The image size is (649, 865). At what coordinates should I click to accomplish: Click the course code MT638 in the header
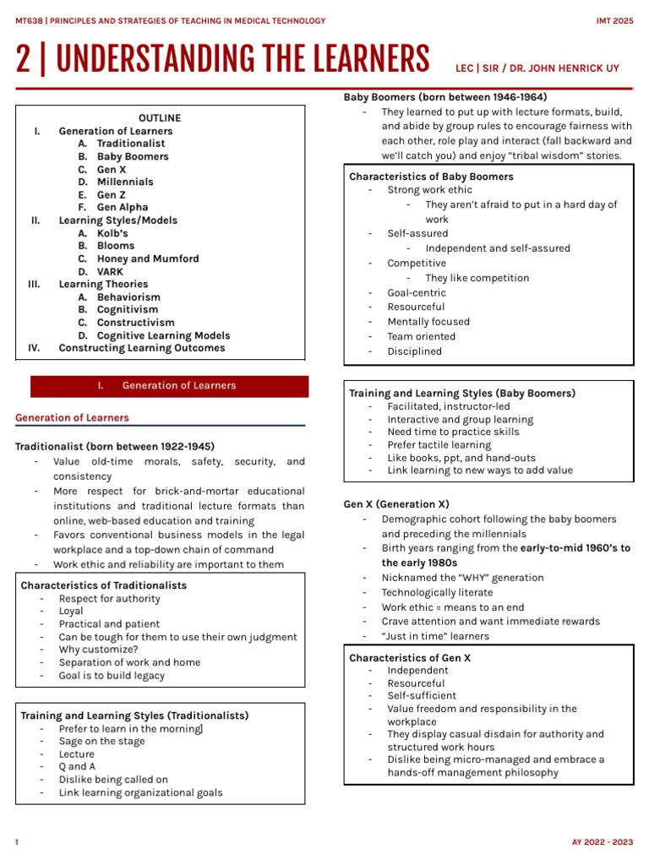tap(30, 20)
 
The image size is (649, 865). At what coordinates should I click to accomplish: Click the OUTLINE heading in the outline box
tap(160, 118)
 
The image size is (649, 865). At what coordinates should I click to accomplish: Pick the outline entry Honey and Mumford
tap(148, 258)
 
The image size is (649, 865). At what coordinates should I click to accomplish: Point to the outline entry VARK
tap(112, 271)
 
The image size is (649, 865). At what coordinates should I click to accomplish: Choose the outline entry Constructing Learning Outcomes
tap(142, 348)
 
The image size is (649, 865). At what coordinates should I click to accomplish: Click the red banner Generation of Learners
tap(170, 386)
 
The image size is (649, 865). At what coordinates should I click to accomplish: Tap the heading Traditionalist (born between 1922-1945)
tap(115, 446)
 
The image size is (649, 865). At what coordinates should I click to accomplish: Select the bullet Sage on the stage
tap(101, 742)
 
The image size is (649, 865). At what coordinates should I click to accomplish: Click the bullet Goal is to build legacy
tap(112, 676)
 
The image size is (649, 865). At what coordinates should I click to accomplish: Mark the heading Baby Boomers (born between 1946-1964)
tap(444, 96)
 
